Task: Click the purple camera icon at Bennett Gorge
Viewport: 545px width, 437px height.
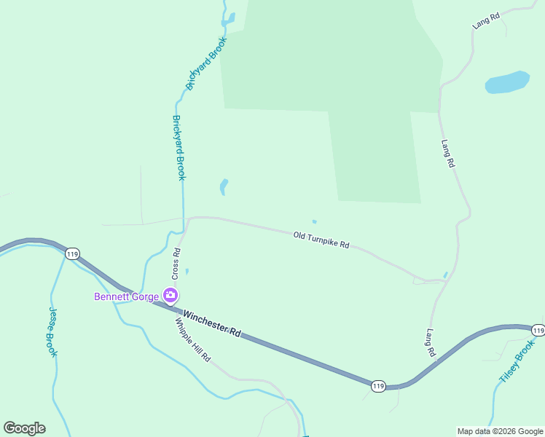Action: point(170,295)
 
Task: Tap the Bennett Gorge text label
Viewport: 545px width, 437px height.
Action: point(126,296)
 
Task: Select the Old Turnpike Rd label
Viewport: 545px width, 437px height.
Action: point(321,240)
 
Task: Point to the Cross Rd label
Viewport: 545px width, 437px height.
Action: point(176,263)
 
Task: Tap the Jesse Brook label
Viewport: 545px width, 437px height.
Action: point(53,331)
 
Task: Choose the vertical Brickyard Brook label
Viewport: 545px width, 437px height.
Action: point(179,147)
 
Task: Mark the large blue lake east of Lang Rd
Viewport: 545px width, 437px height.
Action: point(507,82)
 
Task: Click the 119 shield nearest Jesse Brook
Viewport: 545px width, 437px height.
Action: point(71,253)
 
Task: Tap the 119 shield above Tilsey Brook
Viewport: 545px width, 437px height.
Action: point(538,330)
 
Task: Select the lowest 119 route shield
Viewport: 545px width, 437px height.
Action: point(377,386)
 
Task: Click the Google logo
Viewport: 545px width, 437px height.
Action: point(24,428)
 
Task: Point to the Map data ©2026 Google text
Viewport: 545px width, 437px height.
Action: point(500,431)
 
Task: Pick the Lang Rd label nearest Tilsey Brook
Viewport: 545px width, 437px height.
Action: point(431,342)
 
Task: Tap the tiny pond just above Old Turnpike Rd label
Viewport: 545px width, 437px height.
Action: point(314,222)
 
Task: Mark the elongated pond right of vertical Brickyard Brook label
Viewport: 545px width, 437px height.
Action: point(224,187)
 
